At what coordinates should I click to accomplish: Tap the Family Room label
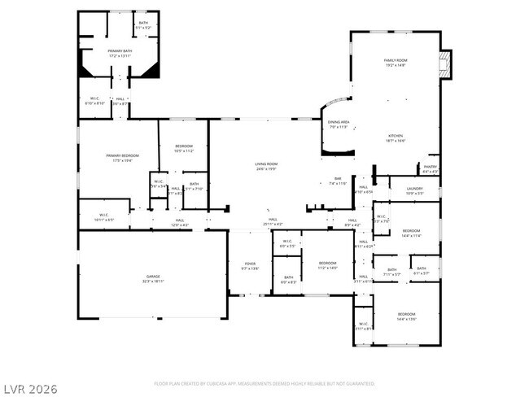395,63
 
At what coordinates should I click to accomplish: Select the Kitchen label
395,137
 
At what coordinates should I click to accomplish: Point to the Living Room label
267,167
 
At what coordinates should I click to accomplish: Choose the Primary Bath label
120,54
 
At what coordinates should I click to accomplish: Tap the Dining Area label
339,124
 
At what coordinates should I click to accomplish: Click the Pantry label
431,169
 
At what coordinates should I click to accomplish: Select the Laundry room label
414,190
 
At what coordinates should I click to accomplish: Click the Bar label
338,181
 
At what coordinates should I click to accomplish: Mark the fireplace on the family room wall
444,65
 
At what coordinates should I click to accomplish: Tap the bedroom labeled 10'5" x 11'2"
183,148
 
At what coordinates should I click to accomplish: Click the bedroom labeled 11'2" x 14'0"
327,265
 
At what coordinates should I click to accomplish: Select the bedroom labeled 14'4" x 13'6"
406,316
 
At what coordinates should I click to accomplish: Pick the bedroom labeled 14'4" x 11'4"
411,233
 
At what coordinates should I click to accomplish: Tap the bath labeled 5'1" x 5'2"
143,25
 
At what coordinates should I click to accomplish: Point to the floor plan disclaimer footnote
264,383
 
